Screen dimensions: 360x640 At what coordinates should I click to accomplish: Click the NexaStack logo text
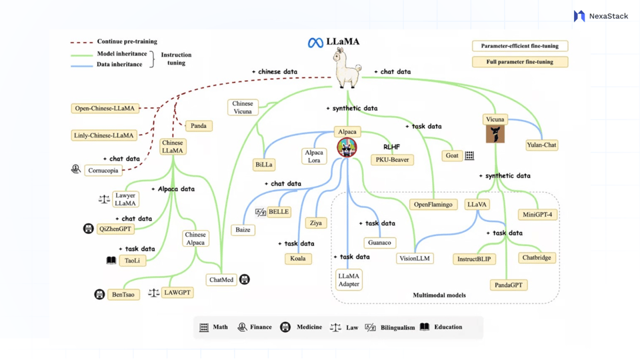pyautogui.click(x=608, y=16)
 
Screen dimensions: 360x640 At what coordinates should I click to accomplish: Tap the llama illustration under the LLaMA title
pyautogui.click(x=347, y=69)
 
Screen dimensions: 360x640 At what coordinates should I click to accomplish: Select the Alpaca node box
pyautogui.click(x=347, y=132)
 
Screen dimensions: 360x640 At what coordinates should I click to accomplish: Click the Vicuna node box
pyautogui.click(x=495, y=120)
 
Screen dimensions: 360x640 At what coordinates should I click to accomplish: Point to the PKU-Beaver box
pyautogui.click(x=392, y=160)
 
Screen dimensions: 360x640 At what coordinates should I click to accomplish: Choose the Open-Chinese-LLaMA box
pyautogui.click(x=105, y=109)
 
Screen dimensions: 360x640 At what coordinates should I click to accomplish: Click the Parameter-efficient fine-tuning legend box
pyautogui.click(x=520, y=46)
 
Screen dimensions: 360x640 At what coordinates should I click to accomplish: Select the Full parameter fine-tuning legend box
pyautogui.click(x=520, y=62)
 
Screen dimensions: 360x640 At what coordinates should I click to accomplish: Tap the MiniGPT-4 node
pyautogui.click(x=537, y=215)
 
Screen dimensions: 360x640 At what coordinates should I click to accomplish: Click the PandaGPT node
pyautogui.click(x=509, y=285)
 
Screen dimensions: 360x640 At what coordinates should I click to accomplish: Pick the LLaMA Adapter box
pyautogui.click(x=349, y=280)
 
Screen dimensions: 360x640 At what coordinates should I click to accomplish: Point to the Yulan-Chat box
pyautogui.click(x=541, y=145)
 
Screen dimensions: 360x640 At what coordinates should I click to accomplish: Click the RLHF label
pyautogui.click(x=391, y=147)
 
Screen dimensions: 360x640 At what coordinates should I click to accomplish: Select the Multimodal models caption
pyautogui.click(x=439, y=295)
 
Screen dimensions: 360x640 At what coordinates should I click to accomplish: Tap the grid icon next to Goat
pyautogui.click(x=469, y=155)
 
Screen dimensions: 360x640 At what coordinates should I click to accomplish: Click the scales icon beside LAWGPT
pyautogui.click(x=153, y=293)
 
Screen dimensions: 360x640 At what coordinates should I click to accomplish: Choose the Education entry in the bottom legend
pyautogui.click(x=448, y=327)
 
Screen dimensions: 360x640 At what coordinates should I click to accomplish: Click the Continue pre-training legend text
pyautogui.click(x=127, y=41)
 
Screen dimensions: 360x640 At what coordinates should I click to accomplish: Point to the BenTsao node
pyautogui.click(x=123, y=295)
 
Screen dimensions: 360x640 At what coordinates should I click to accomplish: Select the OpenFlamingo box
pyautogui.click(x=433, y=205)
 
